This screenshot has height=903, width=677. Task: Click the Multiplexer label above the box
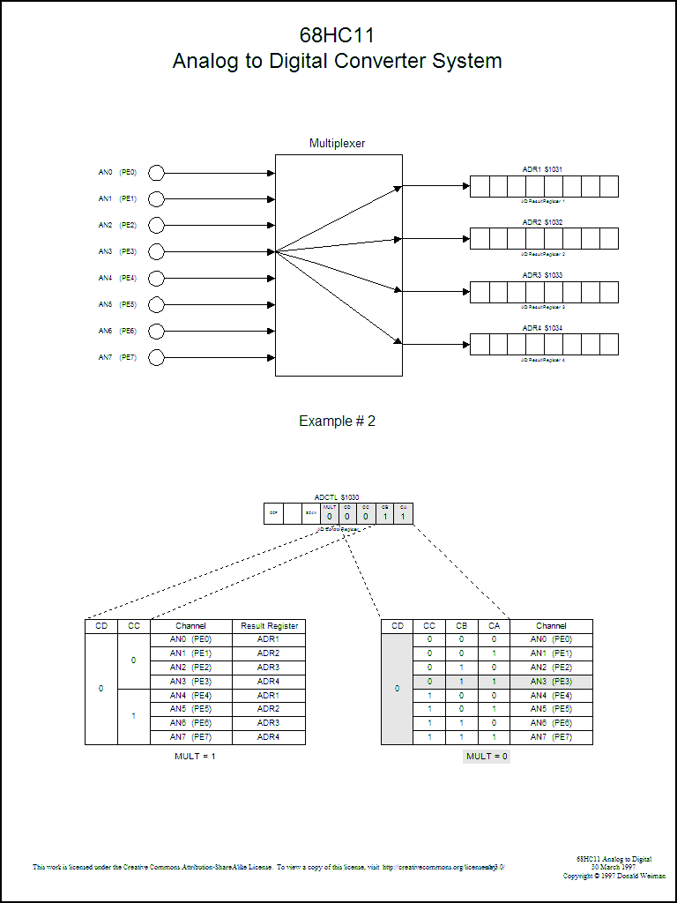pos(337,143)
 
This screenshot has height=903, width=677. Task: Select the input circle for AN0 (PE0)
pos(157,173)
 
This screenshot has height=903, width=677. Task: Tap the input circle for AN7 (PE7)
pos(157,357)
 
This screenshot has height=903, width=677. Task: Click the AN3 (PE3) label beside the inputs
pos(117,251)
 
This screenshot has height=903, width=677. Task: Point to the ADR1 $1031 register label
pos(542,169)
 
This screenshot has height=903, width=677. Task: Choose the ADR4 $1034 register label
pos(542,328)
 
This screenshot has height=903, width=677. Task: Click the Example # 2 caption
pos(337,421)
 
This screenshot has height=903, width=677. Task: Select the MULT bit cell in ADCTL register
pos(330,513)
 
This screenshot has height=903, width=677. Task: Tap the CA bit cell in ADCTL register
pos(403,513)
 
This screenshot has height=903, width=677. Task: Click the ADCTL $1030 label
pos(337,497)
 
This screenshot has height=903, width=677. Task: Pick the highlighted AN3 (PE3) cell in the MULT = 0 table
pos(551,682)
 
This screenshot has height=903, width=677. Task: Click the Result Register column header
pos(269,626)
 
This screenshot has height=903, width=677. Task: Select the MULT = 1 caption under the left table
pos(195,757)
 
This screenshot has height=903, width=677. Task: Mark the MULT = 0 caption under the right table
pos(487,757)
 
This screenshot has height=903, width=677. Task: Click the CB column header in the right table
pos(461,626)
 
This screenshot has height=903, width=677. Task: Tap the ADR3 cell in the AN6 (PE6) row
pos(268,723)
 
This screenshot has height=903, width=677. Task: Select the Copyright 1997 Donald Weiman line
pos(614,876)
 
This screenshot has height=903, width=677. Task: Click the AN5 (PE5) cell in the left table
pos(190,709)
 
